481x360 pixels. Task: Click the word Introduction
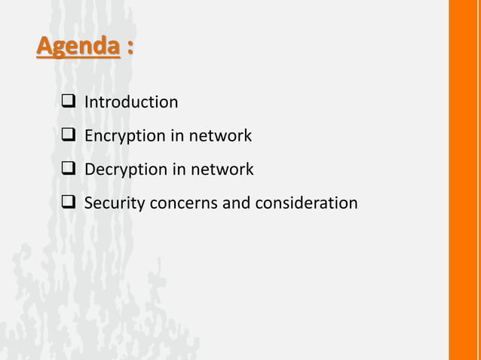pos(131,102)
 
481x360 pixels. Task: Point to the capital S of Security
pos(88,203)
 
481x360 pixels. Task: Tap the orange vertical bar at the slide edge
pos(464,180)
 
